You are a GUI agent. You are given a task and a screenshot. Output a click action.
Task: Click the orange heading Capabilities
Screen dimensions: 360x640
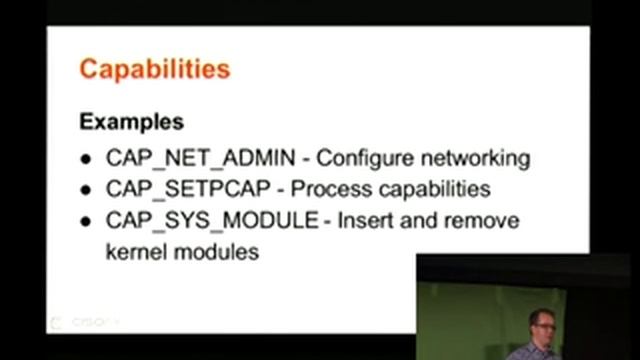(x=155, y=69)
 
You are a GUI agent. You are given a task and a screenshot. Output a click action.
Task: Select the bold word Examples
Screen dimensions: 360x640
(x=131, y=122)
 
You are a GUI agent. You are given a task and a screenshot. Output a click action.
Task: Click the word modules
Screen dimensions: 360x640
(x=217, y=251)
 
